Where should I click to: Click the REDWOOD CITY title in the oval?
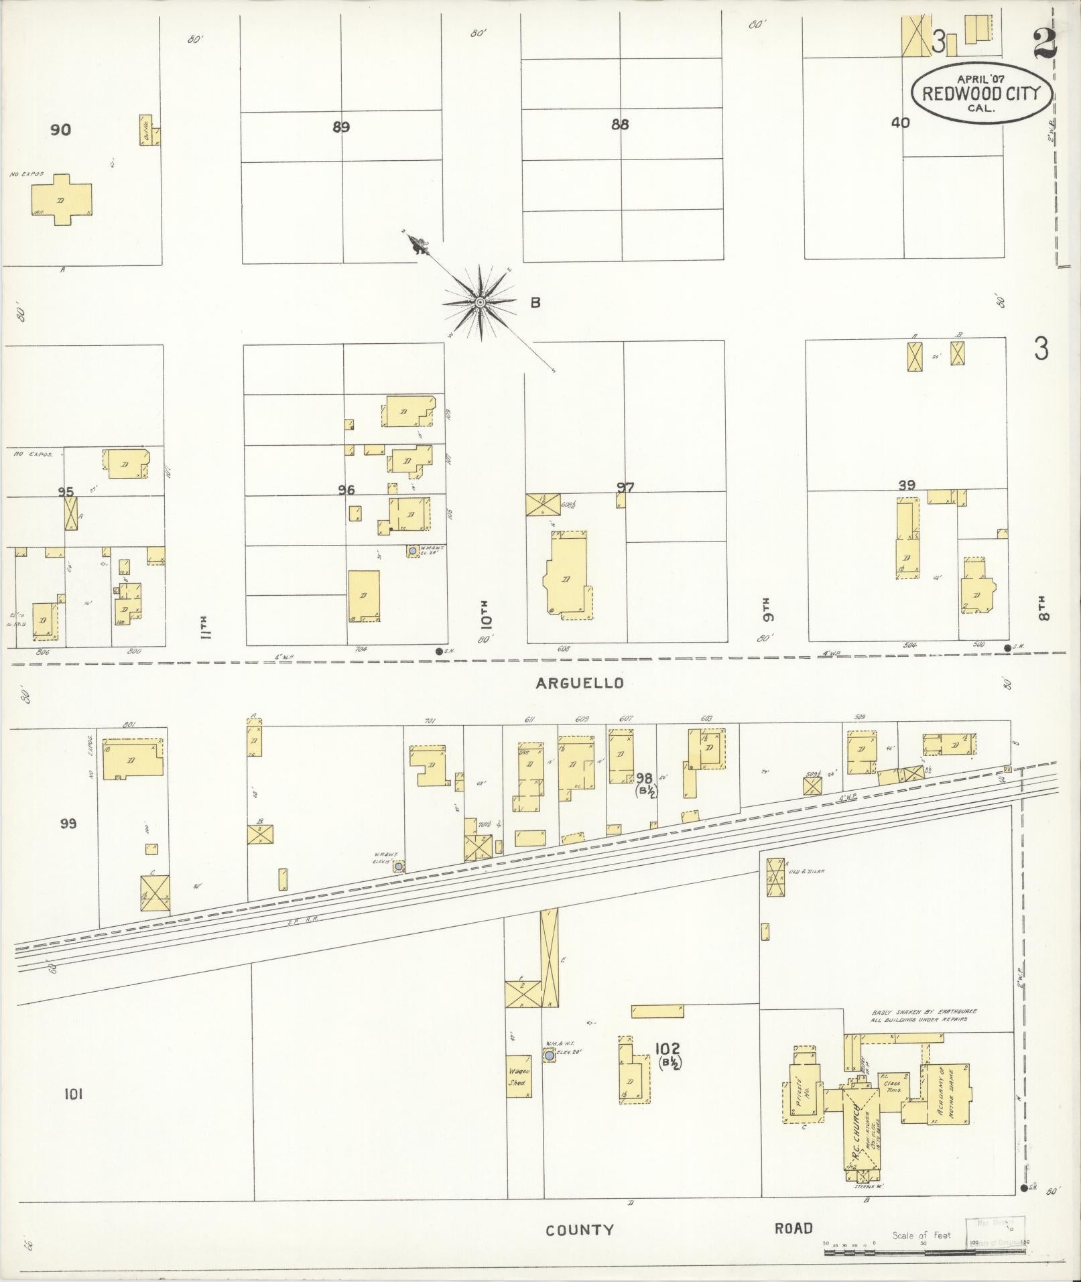point(980,93)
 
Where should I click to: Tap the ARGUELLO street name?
point(580,683)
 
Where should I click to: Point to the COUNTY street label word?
point(580,1230)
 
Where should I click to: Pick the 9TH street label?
point(766,608)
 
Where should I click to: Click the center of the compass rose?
point(480,303)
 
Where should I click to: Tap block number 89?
point(341,127)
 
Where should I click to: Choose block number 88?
point(620,124)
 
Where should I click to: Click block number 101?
point(73,1094)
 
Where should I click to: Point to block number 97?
point(625,488)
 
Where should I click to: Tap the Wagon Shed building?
point(518,1076)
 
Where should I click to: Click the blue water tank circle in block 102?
point(550,1055)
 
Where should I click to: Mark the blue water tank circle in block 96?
point(412,550)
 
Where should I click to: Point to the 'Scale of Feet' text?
point(921,1235)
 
